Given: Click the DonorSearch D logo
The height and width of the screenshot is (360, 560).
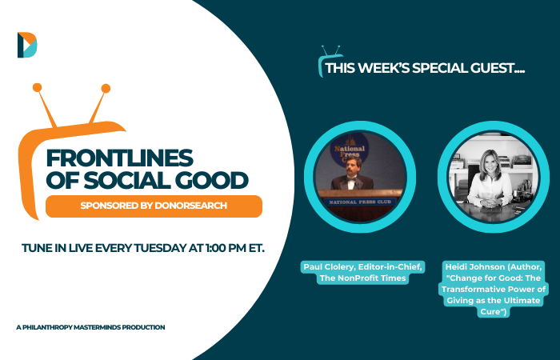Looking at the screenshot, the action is pos(27,45).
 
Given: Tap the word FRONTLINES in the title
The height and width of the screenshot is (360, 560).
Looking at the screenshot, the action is pos(120,158).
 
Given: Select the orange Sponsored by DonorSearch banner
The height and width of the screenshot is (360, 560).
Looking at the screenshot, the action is pos(154,206).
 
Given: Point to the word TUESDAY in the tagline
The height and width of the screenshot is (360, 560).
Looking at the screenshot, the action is pos(160,248).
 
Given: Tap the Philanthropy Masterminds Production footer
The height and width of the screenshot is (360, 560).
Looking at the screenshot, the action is pos(90,327).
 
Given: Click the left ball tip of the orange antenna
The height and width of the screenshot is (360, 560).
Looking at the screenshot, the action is pos(37,87).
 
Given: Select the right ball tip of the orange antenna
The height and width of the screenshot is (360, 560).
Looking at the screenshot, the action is pos(106,89).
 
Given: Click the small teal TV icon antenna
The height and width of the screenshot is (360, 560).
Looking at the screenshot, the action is pos(330,50).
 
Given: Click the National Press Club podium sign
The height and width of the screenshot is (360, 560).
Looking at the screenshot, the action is pos(360,202).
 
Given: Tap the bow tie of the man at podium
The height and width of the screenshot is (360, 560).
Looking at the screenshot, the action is pos(351,179).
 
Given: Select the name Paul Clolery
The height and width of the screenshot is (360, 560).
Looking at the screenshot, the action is pos(328,266).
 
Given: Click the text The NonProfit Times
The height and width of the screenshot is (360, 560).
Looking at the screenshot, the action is pos(362,278).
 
